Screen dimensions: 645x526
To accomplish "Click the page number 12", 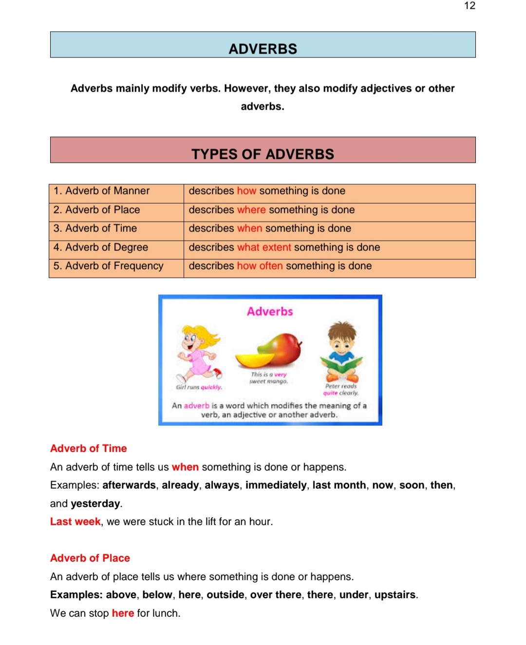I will pos(470,6).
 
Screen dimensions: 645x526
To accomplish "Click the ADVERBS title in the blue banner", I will pos(263,49).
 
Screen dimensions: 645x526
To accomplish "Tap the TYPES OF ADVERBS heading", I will pos(263,154).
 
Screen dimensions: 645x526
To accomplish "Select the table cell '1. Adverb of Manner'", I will pos(101,191).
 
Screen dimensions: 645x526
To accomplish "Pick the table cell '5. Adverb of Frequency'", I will pos(108,266).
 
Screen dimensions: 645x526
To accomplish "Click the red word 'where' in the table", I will pos(251,210).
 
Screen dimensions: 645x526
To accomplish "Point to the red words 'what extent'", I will pos(264,247).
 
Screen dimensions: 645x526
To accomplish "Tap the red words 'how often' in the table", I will pos(260,266).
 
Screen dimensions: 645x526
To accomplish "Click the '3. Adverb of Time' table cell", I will pos(95,228).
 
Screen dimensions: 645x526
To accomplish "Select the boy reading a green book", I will pos(341,351).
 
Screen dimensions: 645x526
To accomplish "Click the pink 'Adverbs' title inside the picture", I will pos(270,311).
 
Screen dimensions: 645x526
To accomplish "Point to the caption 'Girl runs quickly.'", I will pos(199,387).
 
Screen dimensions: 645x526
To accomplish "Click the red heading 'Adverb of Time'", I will pos(89,449).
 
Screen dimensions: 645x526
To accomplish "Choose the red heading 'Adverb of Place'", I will pos(90,558).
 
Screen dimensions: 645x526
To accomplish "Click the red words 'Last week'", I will pos(75,522).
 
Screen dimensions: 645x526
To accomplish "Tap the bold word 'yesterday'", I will pos(95,504).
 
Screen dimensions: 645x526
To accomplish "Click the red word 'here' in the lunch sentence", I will pos(123,613).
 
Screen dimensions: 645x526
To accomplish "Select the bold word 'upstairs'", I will pos(395,595).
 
